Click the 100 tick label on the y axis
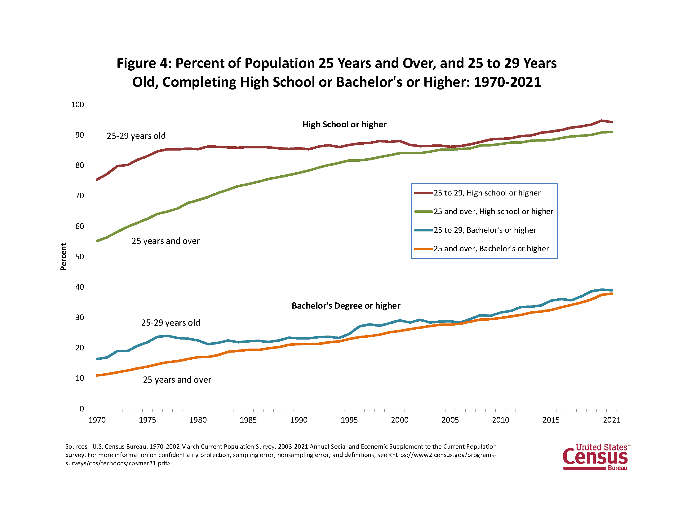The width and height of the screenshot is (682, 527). (x=77, y=105)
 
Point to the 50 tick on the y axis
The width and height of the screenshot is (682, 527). (x=80, y=257)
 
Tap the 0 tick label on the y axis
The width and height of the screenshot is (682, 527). (x=82, y=409)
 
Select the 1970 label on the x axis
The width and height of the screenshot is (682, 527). (x=97, y=420)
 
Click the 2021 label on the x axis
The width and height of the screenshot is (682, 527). (x=611, y=420)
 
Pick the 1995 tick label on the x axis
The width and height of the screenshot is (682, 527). (x=349, y=420)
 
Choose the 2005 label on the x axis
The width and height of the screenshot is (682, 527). (x=450, y=420)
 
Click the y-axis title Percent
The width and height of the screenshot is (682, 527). (x=63, y=257)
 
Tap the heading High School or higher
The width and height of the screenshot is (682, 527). (x=344, y=125)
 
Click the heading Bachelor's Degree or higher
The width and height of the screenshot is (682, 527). (x=346, y=306)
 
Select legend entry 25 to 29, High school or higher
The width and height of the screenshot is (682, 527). (x=487, y=193)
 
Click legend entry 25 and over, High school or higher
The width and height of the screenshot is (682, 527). (x=493, y=212)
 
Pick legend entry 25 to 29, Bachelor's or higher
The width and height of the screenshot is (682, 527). (x=485, y=230)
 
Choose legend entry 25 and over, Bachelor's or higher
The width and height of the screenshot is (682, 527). (x=491, y=249)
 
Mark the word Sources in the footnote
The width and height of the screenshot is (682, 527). (x=77, y=447)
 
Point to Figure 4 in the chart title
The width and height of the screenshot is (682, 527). (x=144, y=63)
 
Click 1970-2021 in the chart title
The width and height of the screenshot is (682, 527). (x=507, y=82)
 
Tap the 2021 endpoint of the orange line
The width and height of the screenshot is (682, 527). (x=611, y=294)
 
